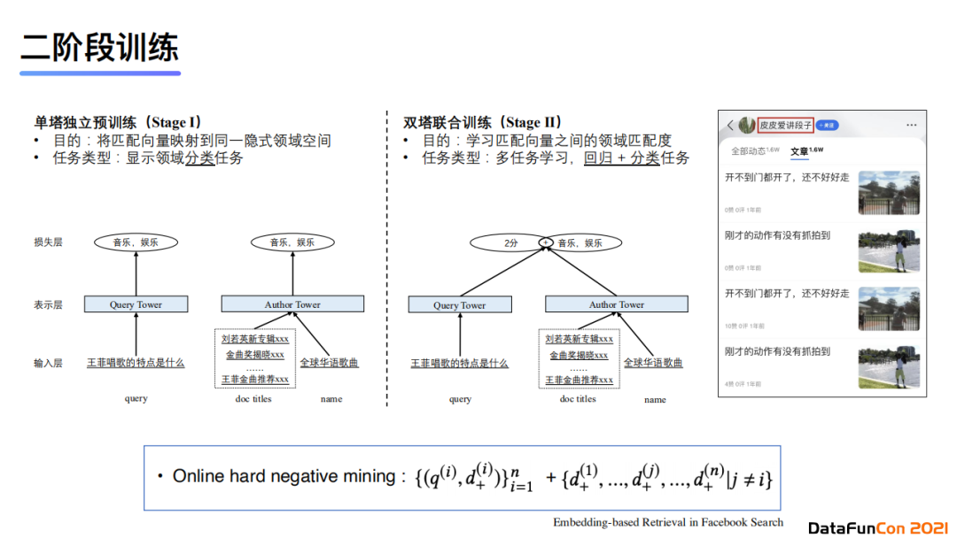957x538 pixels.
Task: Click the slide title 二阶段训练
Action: click(x=99, y=47)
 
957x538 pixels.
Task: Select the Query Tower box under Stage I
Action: click(x=136, y=304)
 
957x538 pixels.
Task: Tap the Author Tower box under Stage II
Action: click(x=616, y=304)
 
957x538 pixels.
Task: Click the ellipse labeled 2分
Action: click(x=510, y=242)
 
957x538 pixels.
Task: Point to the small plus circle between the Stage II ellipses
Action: click(x=546, y=242)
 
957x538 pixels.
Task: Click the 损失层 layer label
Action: click(x=48, y=242)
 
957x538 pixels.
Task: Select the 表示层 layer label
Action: click(x=48, y=304)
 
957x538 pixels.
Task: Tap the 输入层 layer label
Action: click(x=48, y=362)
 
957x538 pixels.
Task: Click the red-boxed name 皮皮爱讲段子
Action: click(x=786, y=126)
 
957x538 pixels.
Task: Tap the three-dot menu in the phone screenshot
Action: click(x=911, y=126)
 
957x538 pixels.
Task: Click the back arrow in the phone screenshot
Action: click(x=730, y=126)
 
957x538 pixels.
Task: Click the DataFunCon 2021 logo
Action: click(x=877, y=527)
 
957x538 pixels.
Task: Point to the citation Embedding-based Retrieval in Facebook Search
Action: click(x=668, y=521)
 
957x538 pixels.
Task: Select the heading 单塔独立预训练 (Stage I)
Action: click(x=117, y=123)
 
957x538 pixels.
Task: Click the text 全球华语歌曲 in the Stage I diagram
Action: click(x=329, y=362)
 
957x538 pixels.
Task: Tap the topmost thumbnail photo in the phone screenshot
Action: click(x=889, y=193)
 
